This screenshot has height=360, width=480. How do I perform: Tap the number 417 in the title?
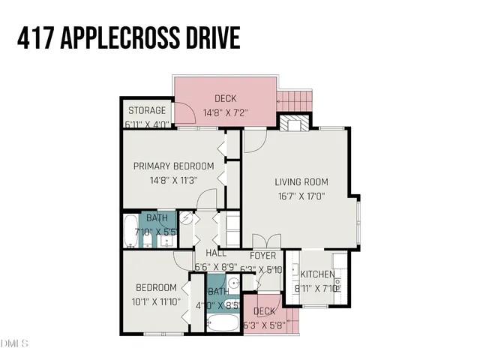(35, 37)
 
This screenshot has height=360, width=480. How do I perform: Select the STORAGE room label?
(146, 111)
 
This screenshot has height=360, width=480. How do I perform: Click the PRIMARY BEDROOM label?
(173, 166)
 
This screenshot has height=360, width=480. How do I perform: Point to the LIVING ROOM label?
(301, 181)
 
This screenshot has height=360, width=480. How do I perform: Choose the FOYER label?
(264, 255)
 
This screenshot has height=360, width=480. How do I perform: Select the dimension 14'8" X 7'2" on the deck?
(226, 113)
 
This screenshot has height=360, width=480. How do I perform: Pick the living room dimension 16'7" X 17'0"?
(301, 197)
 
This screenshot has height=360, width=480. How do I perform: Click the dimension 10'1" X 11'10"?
(156, 303)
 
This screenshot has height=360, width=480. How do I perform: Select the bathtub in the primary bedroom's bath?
(130, 231)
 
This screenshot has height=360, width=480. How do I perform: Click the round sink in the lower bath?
(233, 283)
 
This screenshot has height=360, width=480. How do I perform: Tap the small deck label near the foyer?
(264, 311)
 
